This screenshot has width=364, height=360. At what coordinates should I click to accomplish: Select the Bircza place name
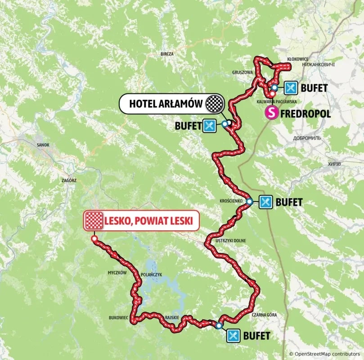pos(166,54)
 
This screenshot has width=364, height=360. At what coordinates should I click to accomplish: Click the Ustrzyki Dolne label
pos(231,240)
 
